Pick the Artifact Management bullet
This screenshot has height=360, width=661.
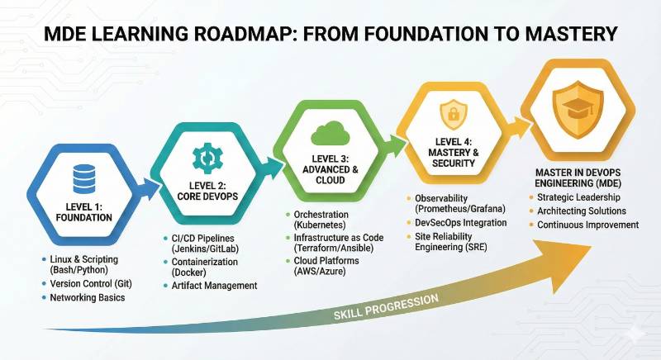(215, 286)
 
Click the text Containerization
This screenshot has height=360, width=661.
(207, 262)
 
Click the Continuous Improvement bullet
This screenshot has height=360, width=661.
(588, 224)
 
